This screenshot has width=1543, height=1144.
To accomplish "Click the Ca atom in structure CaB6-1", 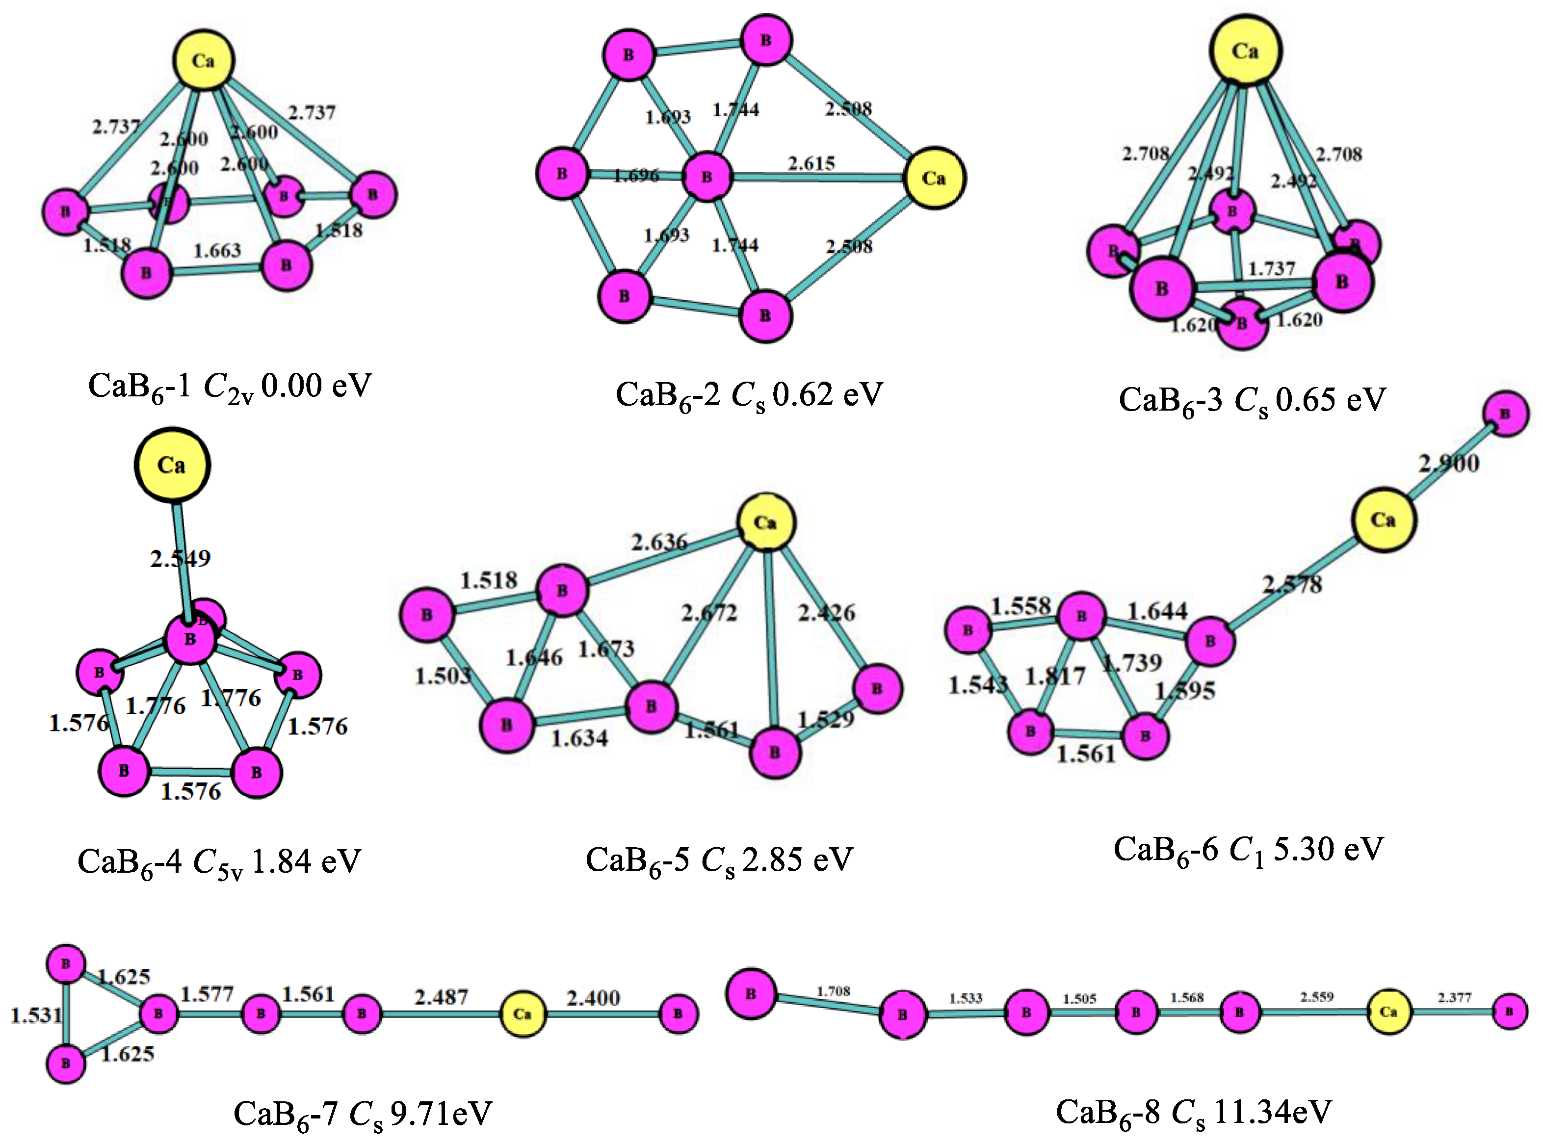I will pos(203,60).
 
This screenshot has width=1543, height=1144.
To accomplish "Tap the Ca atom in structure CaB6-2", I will pos(934,178).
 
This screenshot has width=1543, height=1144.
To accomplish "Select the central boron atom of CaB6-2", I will pos(706,177).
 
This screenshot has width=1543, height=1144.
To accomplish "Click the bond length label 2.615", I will pos(811,163).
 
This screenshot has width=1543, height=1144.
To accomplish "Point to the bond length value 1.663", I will pos(217,250).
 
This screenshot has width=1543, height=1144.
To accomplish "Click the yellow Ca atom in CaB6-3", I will pos(1245,51).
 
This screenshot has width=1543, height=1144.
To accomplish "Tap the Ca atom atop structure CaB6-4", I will pos(172,465).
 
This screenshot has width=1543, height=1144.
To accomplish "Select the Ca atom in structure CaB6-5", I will pos(765,522).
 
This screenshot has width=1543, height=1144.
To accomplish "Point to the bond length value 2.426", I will pos(826,612).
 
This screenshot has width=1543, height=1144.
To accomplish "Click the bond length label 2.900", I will pos(1449,463).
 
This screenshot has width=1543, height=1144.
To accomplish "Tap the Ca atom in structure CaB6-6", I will pos(1383,520).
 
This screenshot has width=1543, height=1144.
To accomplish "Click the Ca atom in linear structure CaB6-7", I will pos(522,1014).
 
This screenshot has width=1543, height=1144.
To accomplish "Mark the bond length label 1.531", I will pos(36,1015).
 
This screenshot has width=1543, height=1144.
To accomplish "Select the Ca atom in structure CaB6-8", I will pos(1388,1012).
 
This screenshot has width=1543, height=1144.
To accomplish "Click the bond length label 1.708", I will pos(833,991).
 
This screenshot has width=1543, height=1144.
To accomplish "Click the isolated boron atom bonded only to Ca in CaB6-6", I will pos(1505,414).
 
